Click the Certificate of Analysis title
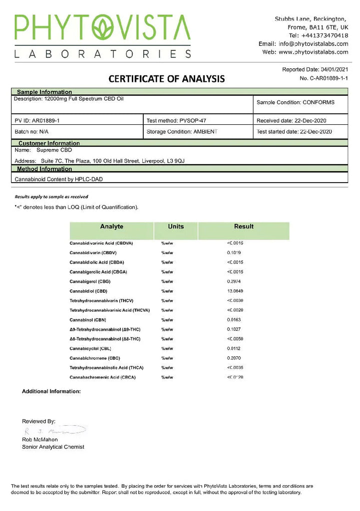click(x=167, y=79)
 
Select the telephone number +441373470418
click(x=325, y=35)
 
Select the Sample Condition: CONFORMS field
click(x=295, y=102)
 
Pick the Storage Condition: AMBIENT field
click(x=182, y=132)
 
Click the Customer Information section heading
click(x=49, y=143)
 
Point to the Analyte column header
click(x=111, y=227)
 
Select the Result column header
click(x=244, y=227)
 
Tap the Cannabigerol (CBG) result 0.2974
click(x=235, y=281)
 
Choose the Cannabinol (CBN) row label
click(x=88, y=320)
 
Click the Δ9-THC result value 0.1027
click(x=235, y=329)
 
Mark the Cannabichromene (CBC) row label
click(x=95, y=358)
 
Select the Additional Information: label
click(x=51, y=392)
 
